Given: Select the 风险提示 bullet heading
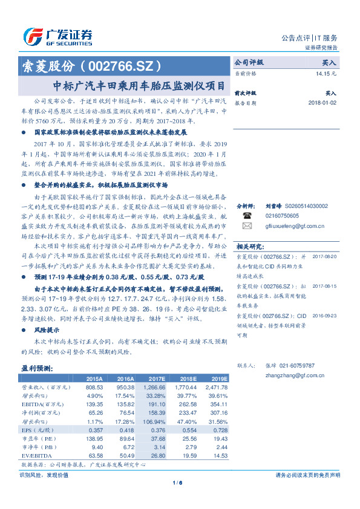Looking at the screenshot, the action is pyautogui.click(x=46, y=330).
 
